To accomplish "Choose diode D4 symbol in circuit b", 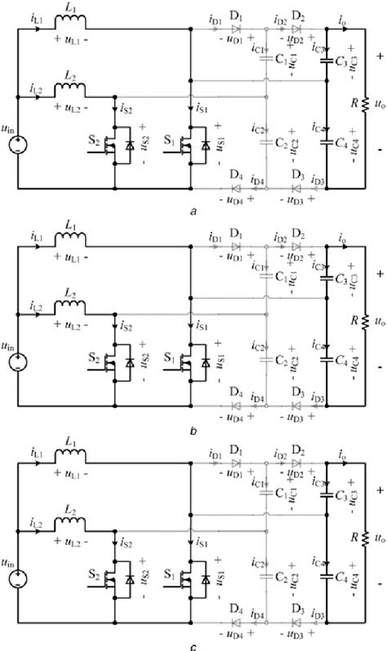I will tap(236, 407).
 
